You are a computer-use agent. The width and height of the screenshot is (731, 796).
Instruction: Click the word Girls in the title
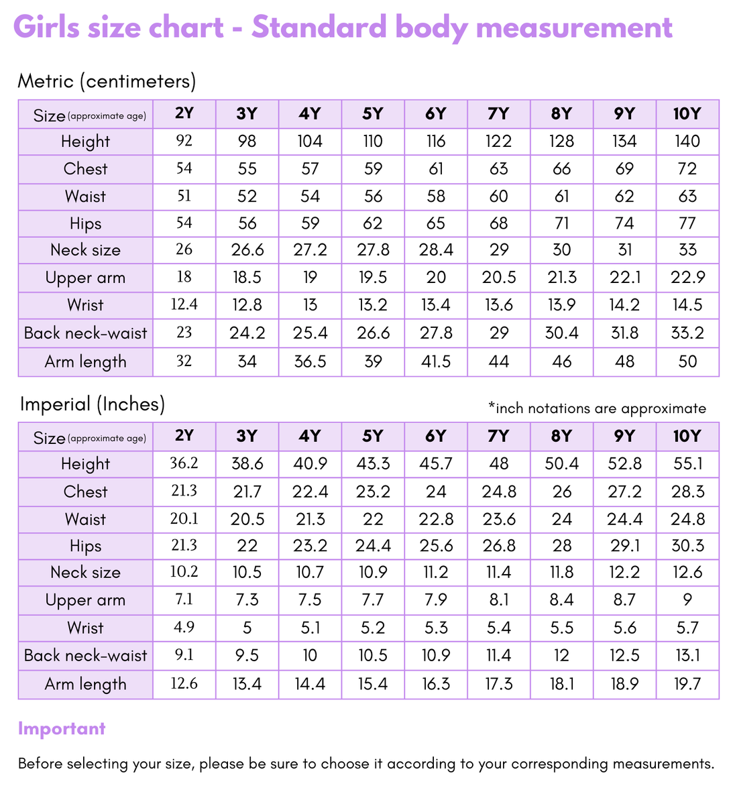[47, 27]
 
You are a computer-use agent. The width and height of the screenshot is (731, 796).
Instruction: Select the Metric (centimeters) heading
[107, 81]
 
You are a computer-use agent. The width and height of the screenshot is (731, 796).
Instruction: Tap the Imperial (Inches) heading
[93, 404]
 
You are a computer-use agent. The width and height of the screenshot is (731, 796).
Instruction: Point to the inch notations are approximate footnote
[597, 408]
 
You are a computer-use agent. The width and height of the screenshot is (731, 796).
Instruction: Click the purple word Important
[62, 728]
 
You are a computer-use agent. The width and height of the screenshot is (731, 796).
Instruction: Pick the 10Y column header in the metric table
[687, 114]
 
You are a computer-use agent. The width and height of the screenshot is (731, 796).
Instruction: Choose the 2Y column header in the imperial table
[184, 436]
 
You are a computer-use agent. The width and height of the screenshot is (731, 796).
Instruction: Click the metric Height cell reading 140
[687, 141]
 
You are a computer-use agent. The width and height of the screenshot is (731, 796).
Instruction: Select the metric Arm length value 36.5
[310, 361]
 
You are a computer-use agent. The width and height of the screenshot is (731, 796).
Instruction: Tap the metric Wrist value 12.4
[184, 304]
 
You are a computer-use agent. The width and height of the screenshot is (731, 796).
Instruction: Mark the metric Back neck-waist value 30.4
[561, 333]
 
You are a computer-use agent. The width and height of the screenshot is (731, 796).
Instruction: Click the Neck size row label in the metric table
[85, 249]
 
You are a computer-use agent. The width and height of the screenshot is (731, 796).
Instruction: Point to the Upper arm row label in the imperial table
[85, 600]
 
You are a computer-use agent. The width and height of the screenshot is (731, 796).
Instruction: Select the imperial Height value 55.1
[687, 463]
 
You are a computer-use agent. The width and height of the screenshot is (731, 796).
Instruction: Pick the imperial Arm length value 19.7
[687, 684]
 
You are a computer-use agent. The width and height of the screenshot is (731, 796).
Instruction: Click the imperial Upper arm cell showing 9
[687, 600]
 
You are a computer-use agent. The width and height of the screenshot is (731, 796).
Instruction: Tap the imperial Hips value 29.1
[624, 546]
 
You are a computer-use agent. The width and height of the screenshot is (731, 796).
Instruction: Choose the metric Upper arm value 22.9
[687, 277]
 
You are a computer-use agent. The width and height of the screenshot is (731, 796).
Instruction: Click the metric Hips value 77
[687, 223]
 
